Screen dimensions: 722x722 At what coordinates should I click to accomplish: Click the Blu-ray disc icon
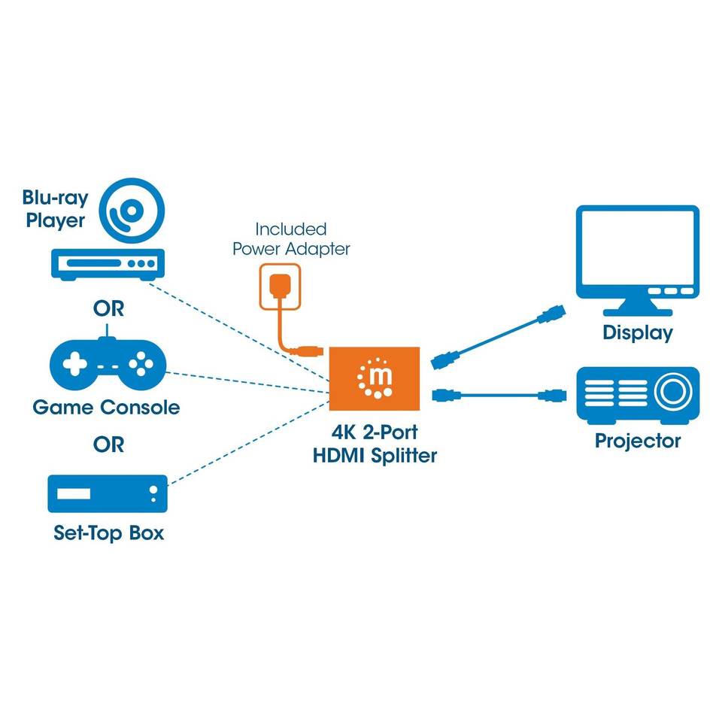point(132,211)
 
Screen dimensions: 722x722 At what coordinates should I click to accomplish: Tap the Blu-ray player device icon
point(108,265)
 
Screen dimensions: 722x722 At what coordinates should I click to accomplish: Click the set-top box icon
point(108,493)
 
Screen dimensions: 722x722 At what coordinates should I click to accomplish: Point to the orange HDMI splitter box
point(375,378)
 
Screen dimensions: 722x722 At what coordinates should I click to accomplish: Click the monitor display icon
point(638,260)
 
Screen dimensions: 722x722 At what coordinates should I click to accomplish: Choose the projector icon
point(638,396)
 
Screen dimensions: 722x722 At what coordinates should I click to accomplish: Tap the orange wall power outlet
point(280,287)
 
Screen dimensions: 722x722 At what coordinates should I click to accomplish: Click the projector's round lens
point(673,391)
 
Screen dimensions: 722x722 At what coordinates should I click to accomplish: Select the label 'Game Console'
point(106,408)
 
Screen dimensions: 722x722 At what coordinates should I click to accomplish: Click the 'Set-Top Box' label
point(108,532)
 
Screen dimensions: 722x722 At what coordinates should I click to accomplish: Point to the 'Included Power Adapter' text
point(291,239)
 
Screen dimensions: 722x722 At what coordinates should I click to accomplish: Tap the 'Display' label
point(638,332)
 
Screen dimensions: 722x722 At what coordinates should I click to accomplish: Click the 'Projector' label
point(638,441)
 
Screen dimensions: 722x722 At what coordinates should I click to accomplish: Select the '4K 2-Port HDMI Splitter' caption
point(375,444)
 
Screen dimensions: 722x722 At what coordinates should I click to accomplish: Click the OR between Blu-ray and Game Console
point(108,308)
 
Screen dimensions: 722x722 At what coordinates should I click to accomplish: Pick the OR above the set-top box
point(108,444)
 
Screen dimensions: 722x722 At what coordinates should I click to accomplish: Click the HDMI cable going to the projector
point(499,395)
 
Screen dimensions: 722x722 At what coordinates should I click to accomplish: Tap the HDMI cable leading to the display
point(498,337)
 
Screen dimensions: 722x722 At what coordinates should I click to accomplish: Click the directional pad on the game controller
point(74,364)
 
